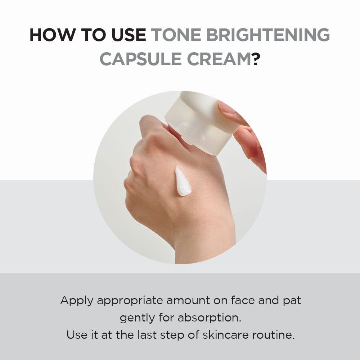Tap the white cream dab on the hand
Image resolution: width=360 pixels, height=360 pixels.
click(x=183, y=181)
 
